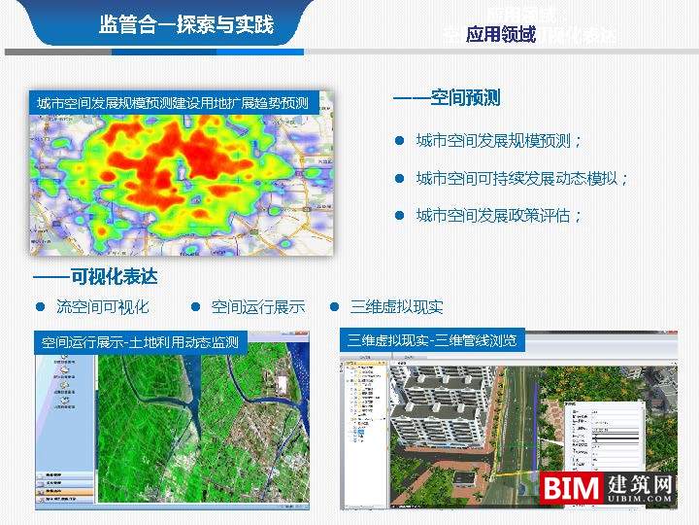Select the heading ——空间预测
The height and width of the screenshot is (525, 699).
(x=447, y=98)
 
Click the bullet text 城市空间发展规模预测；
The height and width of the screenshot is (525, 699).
(x=499, y=141)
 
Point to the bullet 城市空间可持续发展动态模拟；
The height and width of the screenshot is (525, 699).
(x=522, y=179)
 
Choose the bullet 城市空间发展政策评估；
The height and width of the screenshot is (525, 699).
(x=499, y=216)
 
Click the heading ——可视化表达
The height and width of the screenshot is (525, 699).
(x=95, y=277)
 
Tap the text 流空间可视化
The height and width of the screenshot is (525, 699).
(x=102, y=307)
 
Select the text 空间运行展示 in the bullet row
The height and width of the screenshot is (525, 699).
(x=257, y=307)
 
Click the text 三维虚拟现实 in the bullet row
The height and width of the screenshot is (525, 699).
(x=396, y=307)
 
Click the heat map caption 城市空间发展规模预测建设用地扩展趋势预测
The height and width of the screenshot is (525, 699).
(x=172, y=103)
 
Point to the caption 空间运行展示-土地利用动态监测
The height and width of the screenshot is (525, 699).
(x=140, y=342)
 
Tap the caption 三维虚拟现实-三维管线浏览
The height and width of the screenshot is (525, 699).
(x=432, y=340)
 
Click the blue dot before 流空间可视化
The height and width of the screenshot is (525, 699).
(x=41, y=307)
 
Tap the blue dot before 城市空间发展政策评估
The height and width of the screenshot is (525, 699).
(x=398, y=216)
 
